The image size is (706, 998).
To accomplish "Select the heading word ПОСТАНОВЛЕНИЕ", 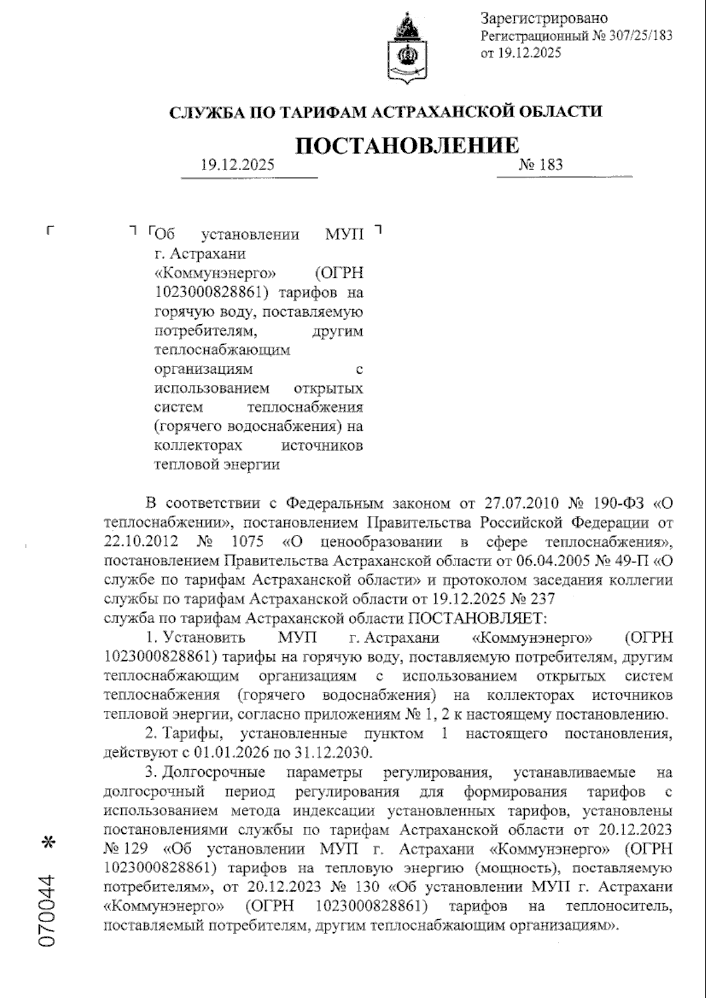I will (407, 145).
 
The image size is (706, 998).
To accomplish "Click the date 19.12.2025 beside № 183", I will (237, 165).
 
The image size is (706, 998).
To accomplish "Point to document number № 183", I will (541, 165).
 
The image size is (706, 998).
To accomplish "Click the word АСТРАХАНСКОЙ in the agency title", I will (437, 111).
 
